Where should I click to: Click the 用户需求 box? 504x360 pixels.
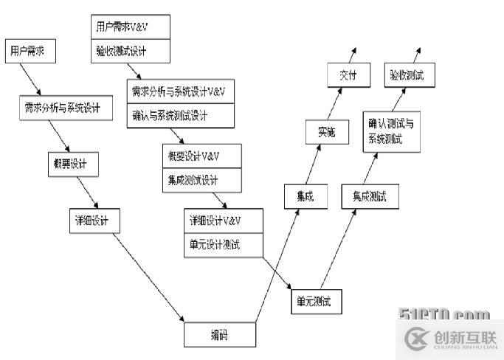pyautogui.click(x=29, y=52)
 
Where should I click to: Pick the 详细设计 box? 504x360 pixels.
pyautogui.click(x=92, y=220)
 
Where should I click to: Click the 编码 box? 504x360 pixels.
pyautogui.click(x=219, y=335)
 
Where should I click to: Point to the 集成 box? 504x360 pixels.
pyautogui.click(x=305, y=196)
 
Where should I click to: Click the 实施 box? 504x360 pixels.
pyautogui.click(x=326, y=133)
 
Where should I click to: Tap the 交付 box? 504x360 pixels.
pyautogui.click(x=348, y=75)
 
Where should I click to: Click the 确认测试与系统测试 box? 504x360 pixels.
pyautogui.click(x=390, y=131)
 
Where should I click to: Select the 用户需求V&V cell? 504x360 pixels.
pyautogui.click(x=131, y=27)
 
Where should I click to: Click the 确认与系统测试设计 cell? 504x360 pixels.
pyautogui.click(x=180, y=115)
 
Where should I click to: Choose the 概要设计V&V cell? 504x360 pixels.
pyautogui.click(x=201, y=156)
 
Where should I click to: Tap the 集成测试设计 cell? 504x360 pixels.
pyautogui.click(x=201, y=180)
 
